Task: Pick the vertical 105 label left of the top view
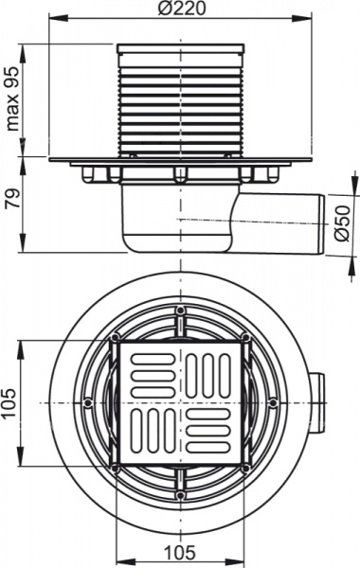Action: (x=12, y=402)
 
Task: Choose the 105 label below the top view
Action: (x=179, y=553)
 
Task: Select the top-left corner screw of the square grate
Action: (x=115, y=338)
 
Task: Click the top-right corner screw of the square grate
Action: (x=244, y=338)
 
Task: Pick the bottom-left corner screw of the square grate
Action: (x=115, y=467)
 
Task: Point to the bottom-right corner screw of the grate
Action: (x=244, y=467)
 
